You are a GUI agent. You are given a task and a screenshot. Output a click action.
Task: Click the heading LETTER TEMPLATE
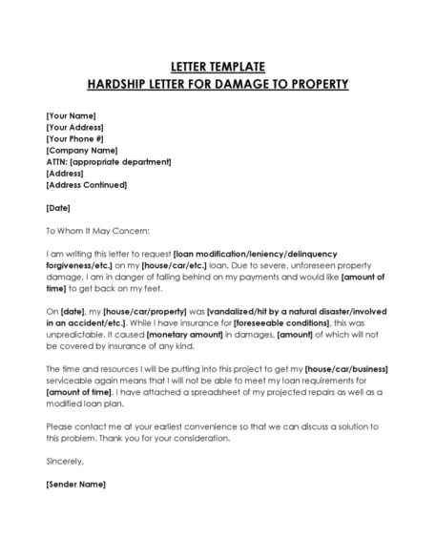[218, 66]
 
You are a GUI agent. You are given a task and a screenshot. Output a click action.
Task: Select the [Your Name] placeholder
[70, 115]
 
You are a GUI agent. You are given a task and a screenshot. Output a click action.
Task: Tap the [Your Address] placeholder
[75, 127]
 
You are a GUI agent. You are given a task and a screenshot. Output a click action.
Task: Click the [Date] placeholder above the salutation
[57, 207]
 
